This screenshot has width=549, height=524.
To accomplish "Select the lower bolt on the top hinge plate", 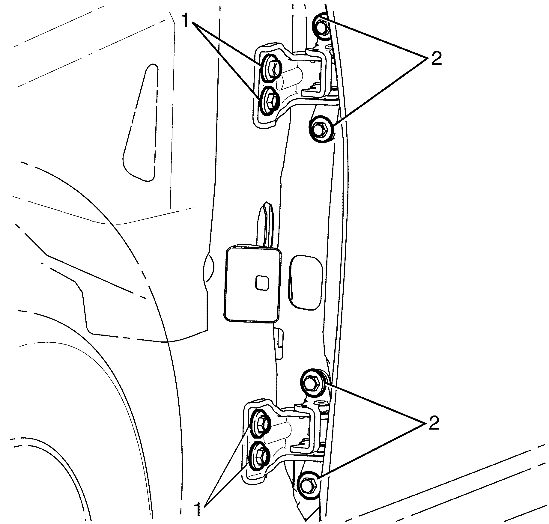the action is click(269, 101).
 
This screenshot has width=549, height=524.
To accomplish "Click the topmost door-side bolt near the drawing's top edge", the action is click(321, 27).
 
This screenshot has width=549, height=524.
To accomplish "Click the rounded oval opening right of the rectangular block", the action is click(306, 282).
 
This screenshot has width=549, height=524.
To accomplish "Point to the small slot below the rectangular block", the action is click(279, 344).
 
